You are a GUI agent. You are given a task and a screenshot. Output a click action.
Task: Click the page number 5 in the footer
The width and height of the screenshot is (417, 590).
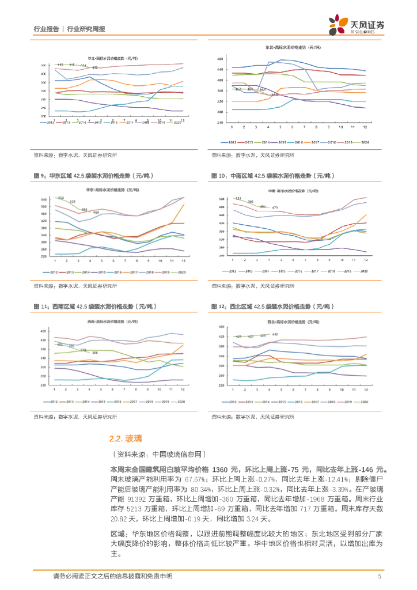[x=380, y=576]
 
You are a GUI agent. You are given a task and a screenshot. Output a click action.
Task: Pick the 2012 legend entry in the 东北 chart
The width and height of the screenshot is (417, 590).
[x=229, y=142]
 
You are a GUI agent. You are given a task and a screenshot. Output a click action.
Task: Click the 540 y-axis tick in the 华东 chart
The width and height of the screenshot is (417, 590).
[x=43, y=199]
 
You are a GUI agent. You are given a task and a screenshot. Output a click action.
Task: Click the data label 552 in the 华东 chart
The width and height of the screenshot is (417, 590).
[x=60, y=198]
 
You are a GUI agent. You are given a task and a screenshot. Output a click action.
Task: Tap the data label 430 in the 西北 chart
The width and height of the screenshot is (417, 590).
[x=275, y=335]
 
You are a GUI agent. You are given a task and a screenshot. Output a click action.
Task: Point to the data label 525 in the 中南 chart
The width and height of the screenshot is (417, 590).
[x=238, y=198]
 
